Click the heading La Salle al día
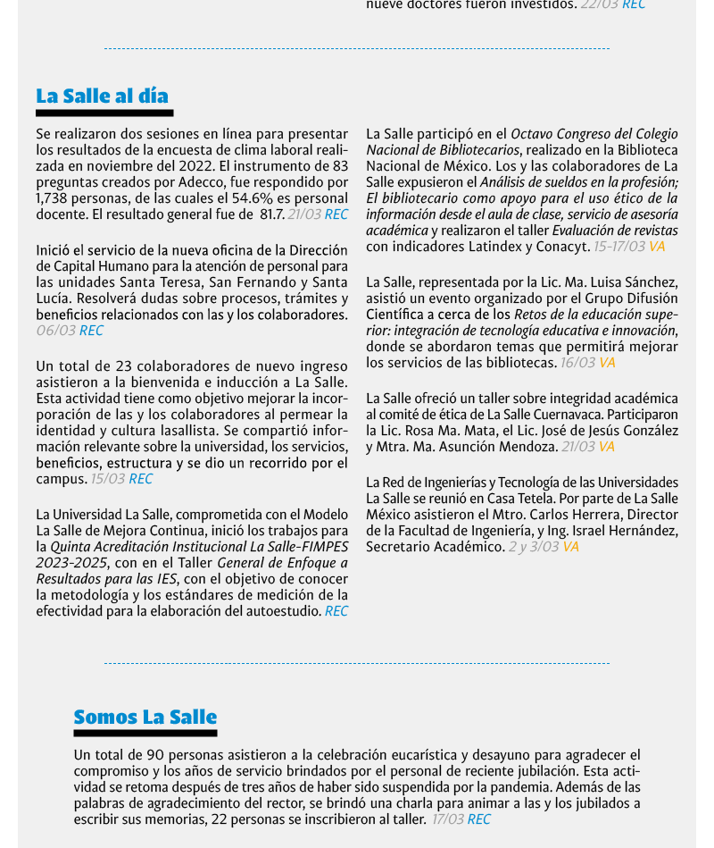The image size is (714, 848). pos(102,96)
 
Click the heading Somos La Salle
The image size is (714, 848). pos(145,717)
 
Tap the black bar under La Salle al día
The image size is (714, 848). pos(104,113)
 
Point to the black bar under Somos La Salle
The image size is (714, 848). pos(145,734)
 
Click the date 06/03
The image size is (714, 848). pos(55,331)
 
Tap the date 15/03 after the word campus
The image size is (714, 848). pos(107,479)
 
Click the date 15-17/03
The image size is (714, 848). pos(619,247)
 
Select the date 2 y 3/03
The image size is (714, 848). pos(533,547)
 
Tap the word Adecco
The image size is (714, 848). pos(196,182)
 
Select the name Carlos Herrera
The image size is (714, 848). pos(575,515)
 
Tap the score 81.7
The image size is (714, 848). pos(271,214)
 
